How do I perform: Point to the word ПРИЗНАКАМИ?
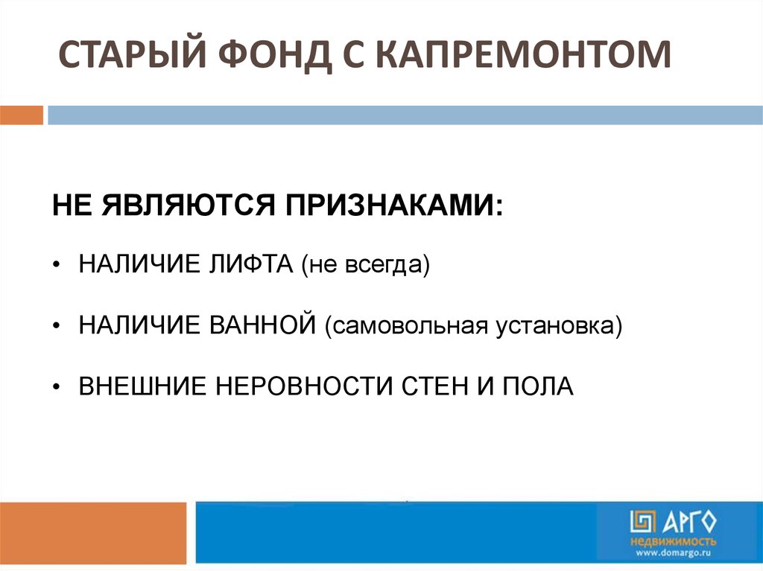[393, 205]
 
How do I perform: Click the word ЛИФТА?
[251, 264]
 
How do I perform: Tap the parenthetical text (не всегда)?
[365, 266]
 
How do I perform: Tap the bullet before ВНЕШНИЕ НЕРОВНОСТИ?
[57, 387]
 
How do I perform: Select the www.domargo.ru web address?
[674, 552]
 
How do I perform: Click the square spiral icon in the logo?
[642, 522]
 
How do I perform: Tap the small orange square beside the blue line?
[22, 115]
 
